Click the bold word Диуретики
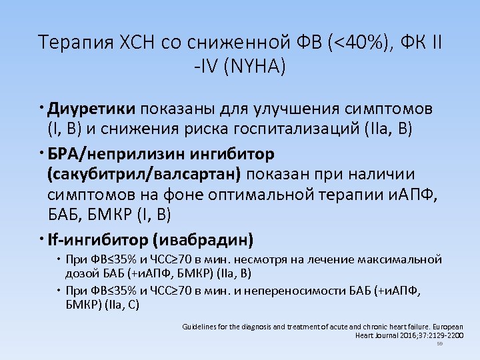point(92,109)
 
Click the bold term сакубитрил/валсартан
point(147,174)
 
